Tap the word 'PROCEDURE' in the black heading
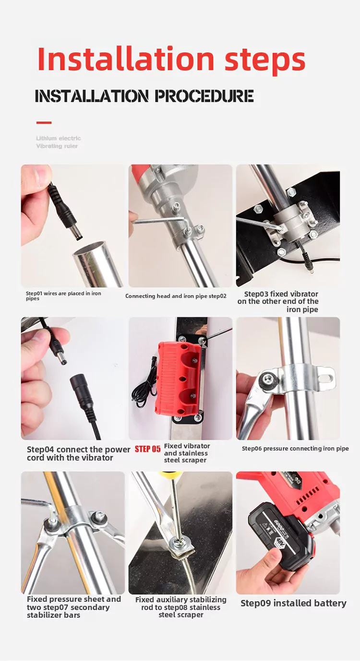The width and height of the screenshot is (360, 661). pos(204,96)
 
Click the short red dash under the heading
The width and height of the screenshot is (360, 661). pos(44,123)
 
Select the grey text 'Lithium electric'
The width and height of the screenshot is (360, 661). pos(59,138)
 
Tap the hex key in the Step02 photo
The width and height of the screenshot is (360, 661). pos(163,221)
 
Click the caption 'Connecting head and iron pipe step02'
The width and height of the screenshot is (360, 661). pos(176,296)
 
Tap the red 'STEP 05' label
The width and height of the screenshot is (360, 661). pos(147,449)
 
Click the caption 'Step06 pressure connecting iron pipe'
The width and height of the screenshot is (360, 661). pos(295,449)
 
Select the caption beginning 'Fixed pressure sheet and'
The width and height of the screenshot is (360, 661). pos(73,607)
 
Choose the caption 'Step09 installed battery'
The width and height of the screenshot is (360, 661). pos(293,603)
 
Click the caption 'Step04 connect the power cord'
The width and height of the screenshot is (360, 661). pos(78,453)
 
